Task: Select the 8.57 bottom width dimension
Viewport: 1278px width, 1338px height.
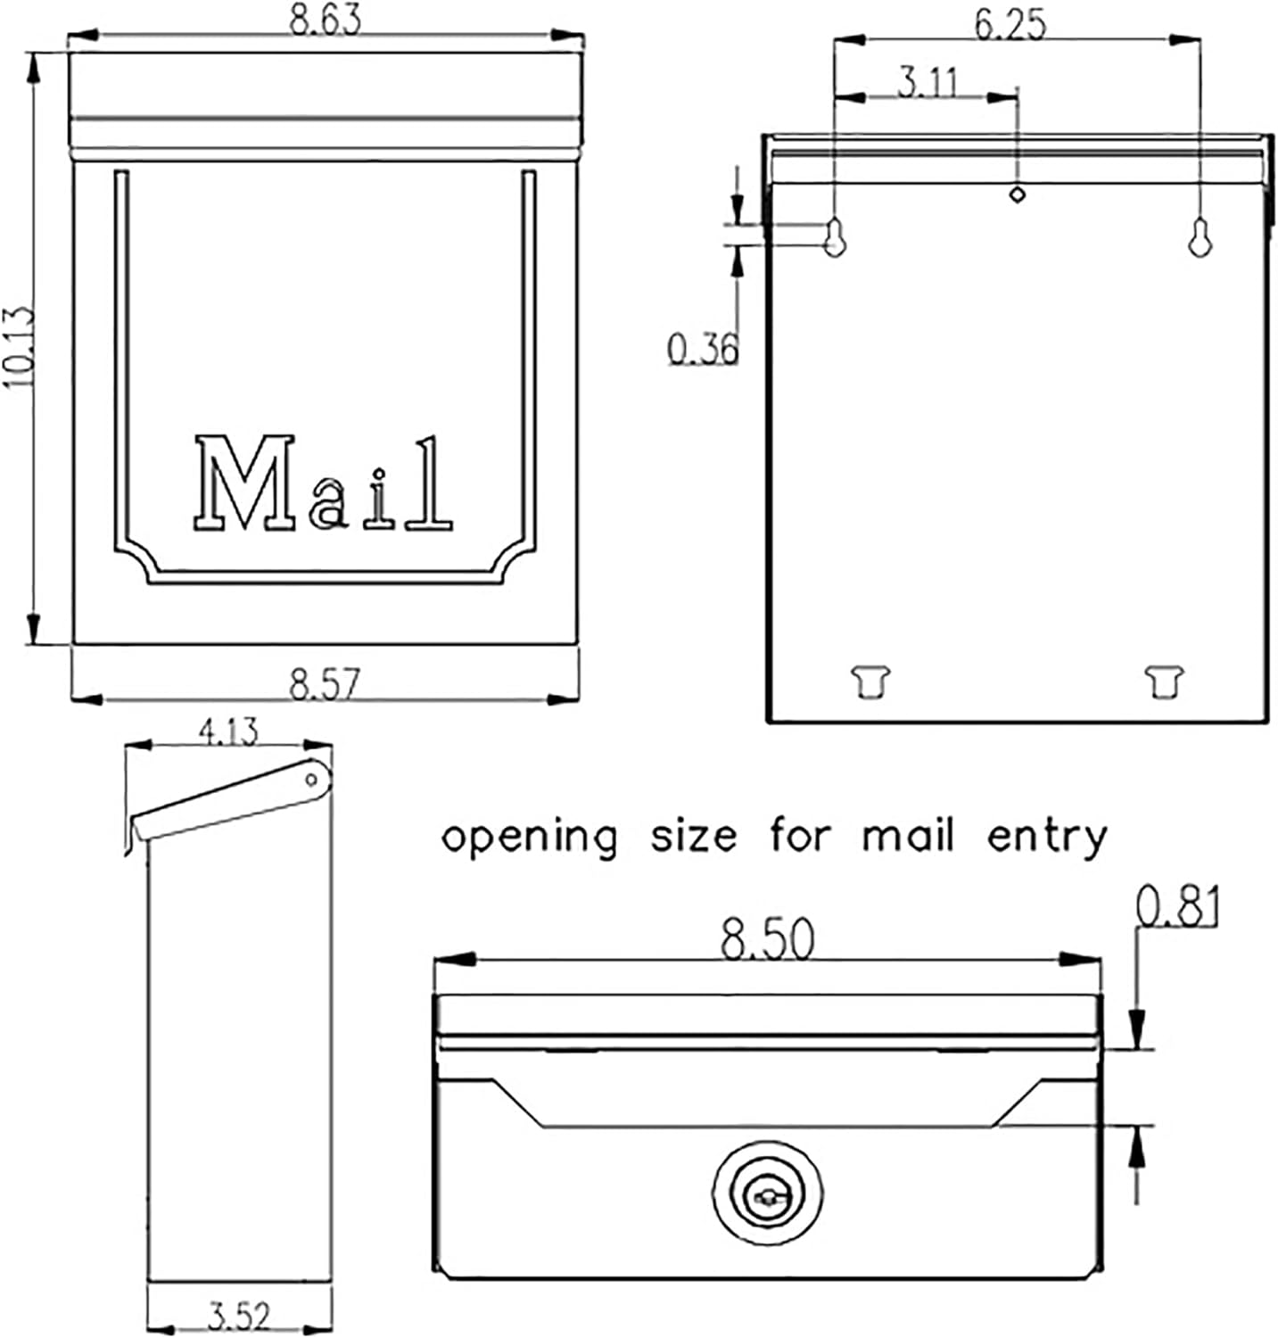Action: pos(325,684)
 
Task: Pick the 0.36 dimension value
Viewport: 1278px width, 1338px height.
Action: pos(704,348)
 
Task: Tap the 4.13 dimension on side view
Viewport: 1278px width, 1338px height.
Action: pos(228,731)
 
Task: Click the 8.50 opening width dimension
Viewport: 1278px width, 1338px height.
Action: pos(767,940)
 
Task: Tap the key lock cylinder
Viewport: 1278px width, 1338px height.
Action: pos(767,1196)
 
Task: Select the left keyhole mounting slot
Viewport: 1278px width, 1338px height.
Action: pos(834,236)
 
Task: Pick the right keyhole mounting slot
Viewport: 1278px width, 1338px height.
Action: pos(1200,236)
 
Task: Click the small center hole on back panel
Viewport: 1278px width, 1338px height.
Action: pos(1017,193)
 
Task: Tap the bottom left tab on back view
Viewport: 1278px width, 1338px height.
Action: pos(871,681)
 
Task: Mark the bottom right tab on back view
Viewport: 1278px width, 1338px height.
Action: pos(1164,681)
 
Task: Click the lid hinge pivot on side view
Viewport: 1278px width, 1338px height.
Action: pos(311,780)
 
